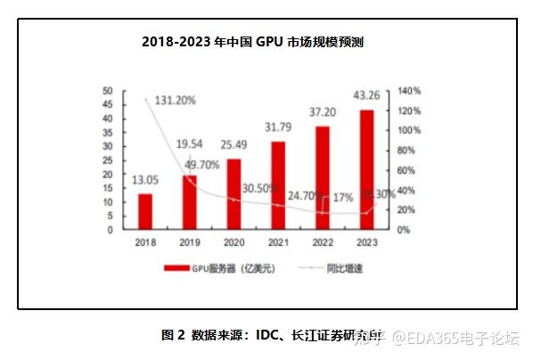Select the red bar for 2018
tap(144, 211)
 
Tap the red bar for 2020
tap(234, 193)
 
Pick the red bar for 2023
tap(366, 169)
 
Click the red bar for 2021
tap(278, 184)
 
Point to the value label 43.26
tap(366, 96)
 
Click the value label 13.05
tap(144, 181)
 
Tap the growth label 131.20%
tap(176, 100)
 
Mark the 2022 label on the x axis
tap(323, 242)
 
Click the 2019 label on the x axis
tap(189, 242)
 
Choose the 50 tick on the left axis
tap(107, 91)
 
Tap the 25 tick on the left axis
tap(107, 160)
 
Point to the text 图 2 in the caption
tap(173, 336)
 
